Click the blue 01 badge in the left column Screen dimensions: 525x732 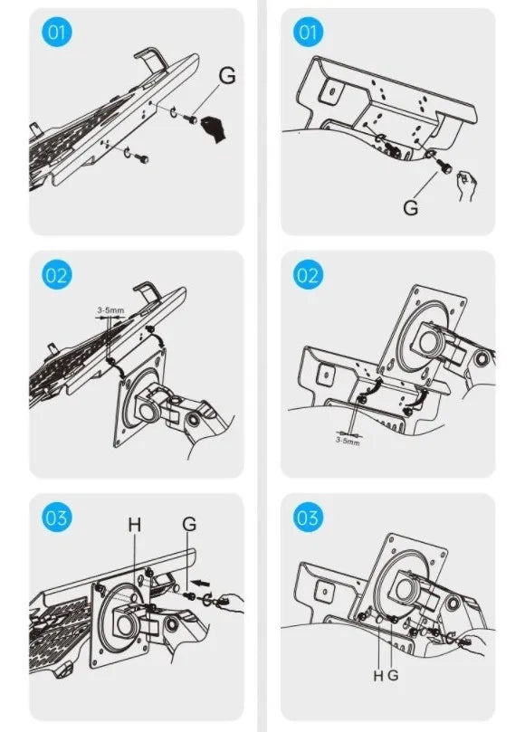tap(57, 33)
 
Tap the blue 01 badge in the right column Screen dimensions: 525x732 tap(308, 33)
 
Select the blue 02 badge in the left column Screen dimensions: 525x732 tap(57, 275)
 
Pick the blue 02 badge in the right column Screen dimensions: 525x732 tap(308, 275)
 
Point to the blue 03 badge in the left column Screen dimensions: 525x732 tap(57, 518)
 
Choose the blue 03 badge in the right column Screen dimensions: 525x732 tap(308, 518)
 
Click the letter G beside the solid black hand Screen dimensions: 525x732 tap(227, 76)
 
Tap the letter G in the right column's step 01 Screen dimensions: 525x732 tap(411, 207)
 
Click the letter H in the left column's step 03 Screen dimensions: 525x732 tap(135, 525)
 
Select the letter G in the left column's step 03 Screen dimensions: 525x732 tap(189, 524)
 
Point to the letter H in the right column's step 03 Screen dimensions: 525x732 tap(378, 675)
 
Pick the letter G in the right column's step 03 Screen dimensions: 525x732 tap(393, 675)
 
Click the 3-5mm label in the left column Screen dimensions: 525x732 tap(110, 310)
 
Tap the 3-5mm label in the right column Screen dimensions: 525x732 tap(348, 441)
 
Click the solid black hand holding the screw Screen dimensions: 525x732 tap(214, 128)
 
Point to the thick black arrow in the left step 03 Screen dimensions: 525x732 tap(202, 583)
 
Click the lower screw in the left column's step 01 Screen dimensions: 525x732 tap(143, 159)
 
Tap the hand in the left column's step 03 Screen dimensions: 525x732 tap(230, 602)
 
